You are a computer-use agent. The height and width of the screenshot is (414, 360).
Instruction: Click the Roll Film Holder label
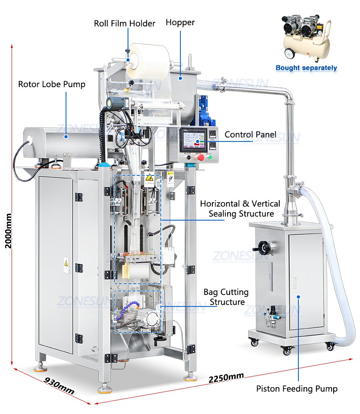[124, 24]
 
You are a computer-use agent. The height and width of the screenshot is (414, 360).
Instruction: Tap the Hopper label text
[180, 23]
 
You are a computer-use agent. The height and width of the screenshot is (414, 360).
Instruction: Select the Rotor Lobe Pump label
[52, 84]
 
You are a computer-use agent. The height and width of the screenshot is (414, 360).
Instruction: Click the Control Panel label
[250, 134]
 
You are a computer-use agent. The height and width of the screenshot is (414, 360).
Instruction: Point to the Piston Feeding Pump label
[297, 389]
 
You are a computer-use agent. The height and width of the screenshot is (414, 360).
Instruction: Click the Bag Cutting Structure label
[226, 297]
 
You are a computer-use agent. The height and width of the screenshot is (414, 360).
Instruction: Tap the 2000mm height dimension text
[8, 231]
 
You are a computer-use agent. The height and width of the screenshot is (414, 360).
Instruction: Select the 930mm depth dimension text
[59, 386]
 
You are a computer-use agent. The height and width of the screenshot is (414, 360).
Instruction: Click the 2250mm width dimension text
[226, 378]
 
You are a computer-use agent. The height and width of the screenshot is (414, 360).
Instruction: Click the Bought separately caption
[306, 68]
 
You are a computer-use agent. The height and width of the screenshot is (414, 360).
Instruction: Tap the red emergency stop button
[200, 157]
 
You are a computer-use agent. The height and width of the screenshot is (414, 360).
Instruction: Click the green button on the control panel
[210, 157]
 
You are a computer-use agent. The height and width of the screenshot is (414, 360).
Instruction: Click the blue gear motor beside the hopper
[206, 111]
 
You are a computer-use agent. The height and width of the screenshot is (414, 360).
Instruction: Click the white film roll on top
[147, 61]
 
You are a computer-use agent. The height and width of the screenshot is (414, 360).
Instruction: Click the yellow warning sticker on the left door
[66, 263]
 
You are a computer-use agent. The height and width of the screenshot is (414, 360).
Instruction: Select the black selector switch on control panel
[189, 157]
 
